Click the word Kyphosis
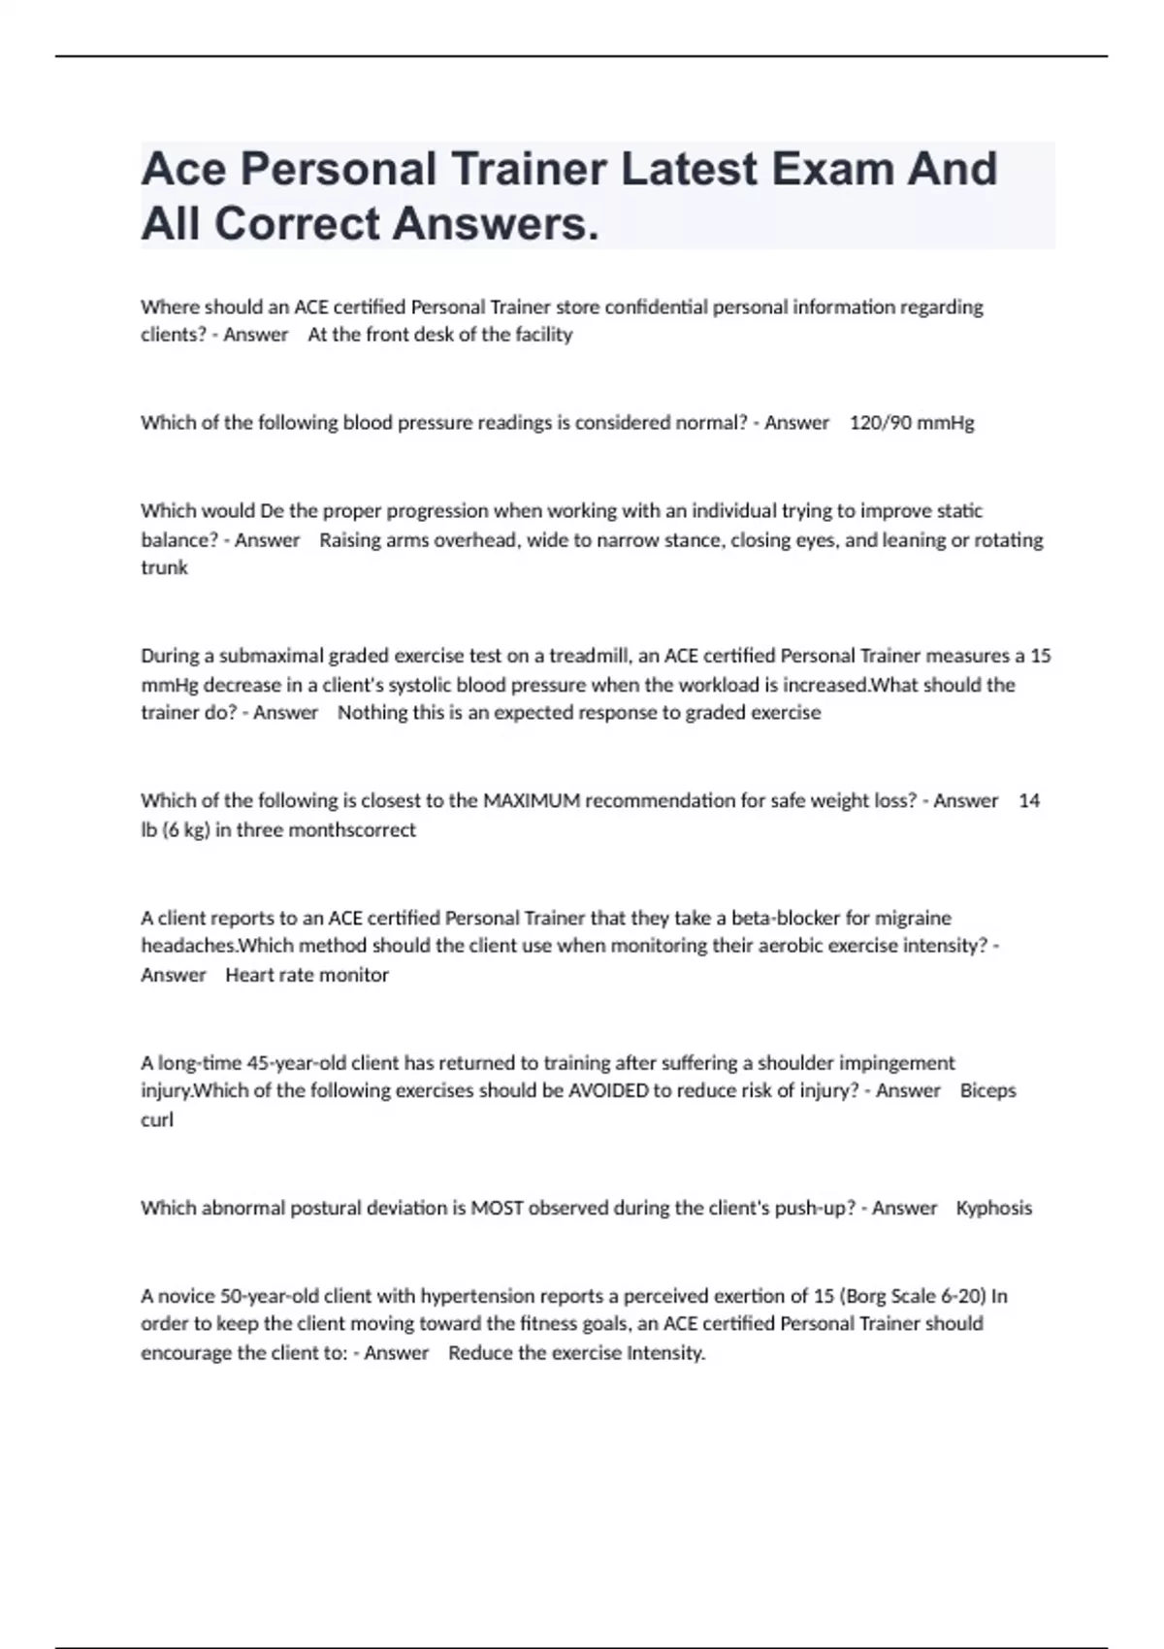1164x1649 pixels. coord(994,1209)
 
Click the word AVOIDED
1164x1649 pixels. coord(608,1091)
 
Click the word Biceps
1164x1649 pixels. coord(987,1091)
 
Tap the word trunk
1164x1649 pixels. coord(164,568)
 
